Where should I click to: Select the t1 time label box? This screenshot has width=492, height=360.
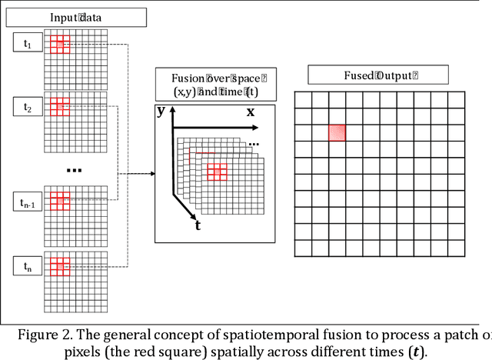pos(28,44)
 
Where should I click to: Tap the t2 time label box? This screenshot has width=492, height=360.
pos(28,108)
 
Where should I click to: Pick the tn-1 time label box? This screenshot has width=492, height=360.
pos(28,203)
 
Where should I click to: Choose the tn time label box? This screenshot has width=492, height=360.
pos(28,266)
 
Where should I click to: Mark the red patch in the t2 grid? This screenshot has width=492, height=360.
pos(60,107)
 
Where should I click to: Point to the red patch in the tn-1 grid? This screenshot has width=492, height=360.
pos(60,202)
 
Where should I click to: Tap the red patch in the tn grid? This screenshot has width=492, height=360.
pos(60,266)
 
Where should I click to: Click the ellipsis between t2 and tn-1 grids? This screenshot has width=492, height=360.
pos(74,169)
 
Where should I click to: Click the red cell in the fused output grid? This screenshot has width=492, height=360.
pos(337,132)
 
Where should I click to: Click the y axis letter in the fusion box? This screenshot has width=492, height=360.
pos(161,111)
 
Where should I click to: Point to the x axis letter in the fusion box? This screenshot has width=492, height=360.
pos(250,112)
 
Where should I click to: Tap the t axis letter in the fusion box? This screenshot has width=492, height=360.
pos(198,225)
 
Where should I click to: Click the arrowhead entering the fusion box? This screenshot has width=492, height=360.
pos(151,172)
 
